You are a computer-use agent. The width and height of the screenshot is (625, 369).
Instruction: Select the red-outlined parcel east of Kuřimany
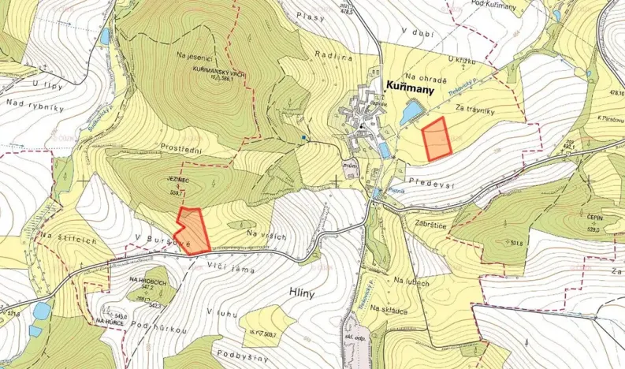(x=435, y=139)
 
